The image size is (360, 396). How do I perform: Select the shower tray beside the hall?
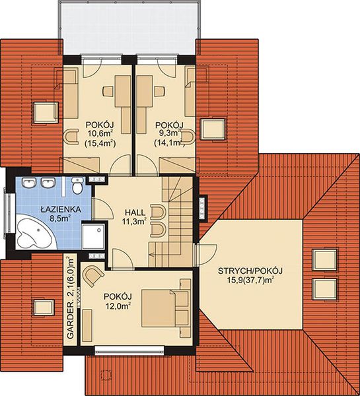(93, 236)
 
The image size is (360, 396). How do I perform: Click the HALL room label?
(135, 212)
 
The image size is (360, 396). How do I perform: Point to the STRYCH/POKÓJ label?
(250, 271)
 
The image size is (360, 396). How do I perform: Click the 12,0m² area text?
(118, 306)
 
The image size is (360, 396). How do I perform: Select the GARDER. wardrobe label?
(70, 319)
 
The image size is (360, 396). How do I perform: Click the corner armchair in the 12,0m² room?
(92, 276)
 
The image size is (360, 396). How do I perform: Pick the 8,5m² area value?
(60, 218)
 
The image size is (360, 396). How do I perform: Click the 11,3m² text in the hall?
(135, 222)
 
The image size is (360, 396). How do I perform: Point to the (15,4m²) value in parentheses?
(100, 143)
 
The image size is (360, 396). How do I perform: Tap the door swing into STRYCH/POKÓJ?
(207, 255)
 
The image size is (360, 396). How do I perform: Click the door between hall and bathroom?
(102, 209)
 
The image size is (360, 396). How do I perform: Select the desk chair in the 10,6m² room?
(108, 91)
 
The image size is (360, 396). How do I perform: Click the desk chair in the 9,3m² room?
(160, 91)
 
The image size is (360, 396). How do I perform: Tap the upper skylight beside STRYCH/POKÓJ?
(324, 260)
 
